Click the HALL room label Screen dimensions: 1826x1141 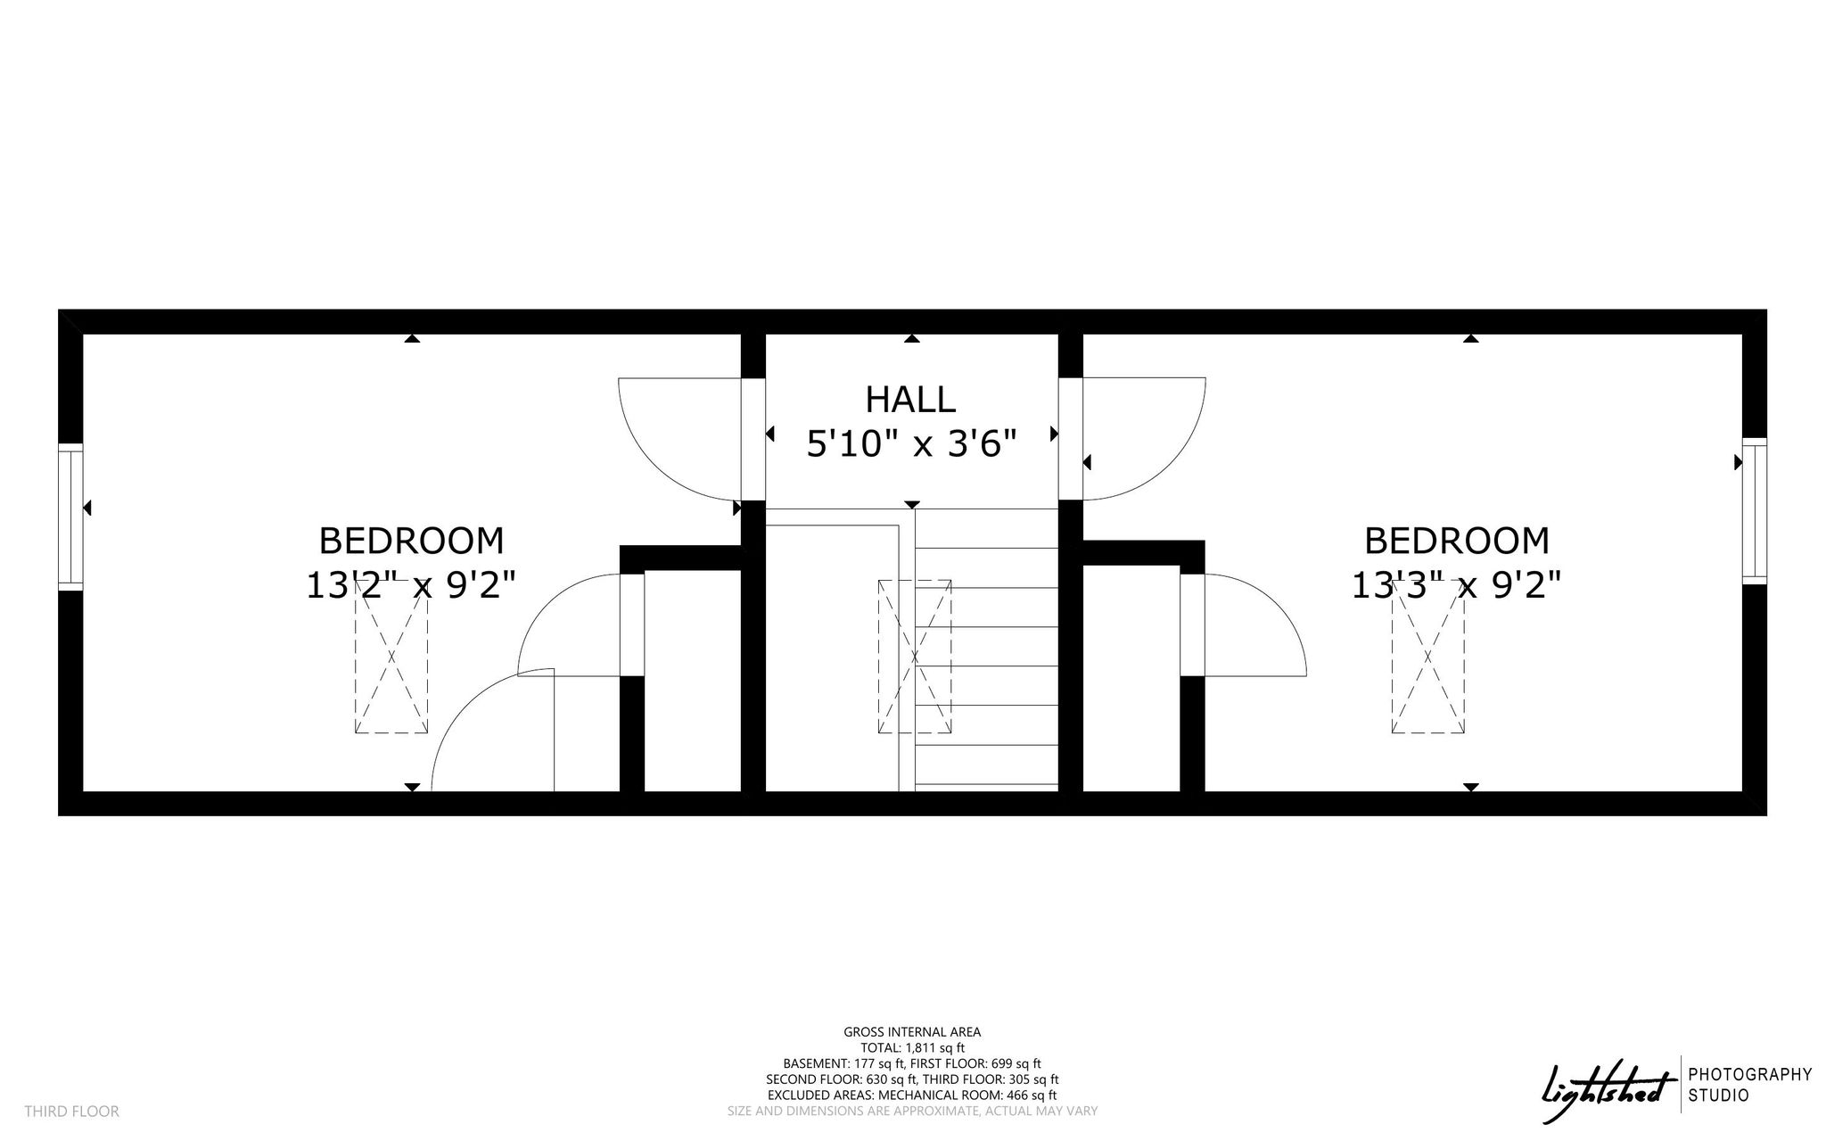point(910,400)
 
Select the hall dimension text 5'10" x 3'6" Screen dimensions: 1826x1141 point(911,443)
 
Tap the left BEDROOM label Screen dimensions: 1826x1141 point(411,541)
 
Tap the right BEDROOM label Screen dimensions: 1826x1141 point(1457,541)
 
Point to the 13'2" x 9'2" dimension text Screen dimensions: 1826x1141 point(411,585)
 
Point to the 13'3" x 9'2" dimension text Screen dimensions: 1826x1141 point(1457,585)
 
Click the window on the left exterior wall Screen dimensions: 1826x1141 point(70,517)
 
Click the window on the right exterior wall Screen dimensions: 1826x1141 point(1754,511)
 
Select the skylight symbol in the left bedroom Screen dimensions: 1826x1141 point(391,657)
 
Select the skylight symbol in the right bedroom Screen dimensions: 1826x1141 point(1428,657)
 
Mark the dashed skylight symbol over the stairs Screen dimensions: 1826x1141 point(915,657)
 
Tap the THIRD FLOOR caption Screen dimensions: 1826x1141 point(71,1112)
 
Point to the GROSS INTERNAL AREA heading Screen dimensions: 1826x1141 point(912,1032)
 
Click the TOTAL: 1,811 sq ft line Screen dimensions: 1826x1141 point(912,1048)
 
